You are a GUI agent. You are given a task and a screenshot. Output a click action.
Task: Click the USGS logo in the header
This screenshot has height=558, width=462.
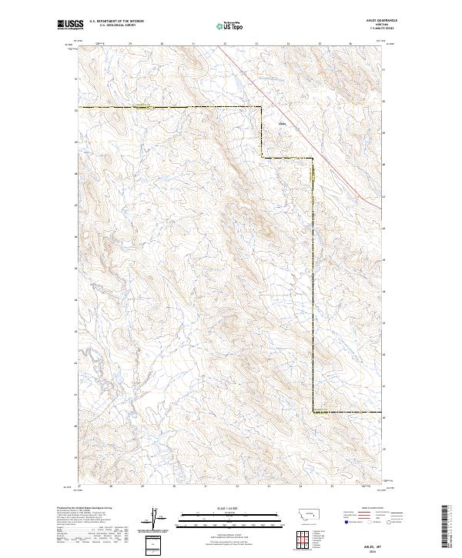(x=69, y=25)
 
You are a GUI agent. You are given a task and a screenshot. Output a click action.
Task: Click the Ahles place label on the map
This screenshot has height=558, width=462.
(x=282, y=123)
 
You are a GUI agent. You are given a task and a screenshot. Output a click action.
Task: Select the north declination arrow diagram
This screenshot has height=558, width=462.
(x=154, y=517)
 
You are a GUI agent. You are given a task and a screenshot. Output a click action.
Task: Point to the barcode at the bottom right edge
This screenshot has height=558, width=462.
(x=447, y=526)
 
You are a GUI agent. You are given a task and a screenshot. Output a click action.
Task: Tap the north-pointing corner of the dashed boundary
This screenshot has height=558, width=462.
(x=262, y=106)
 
